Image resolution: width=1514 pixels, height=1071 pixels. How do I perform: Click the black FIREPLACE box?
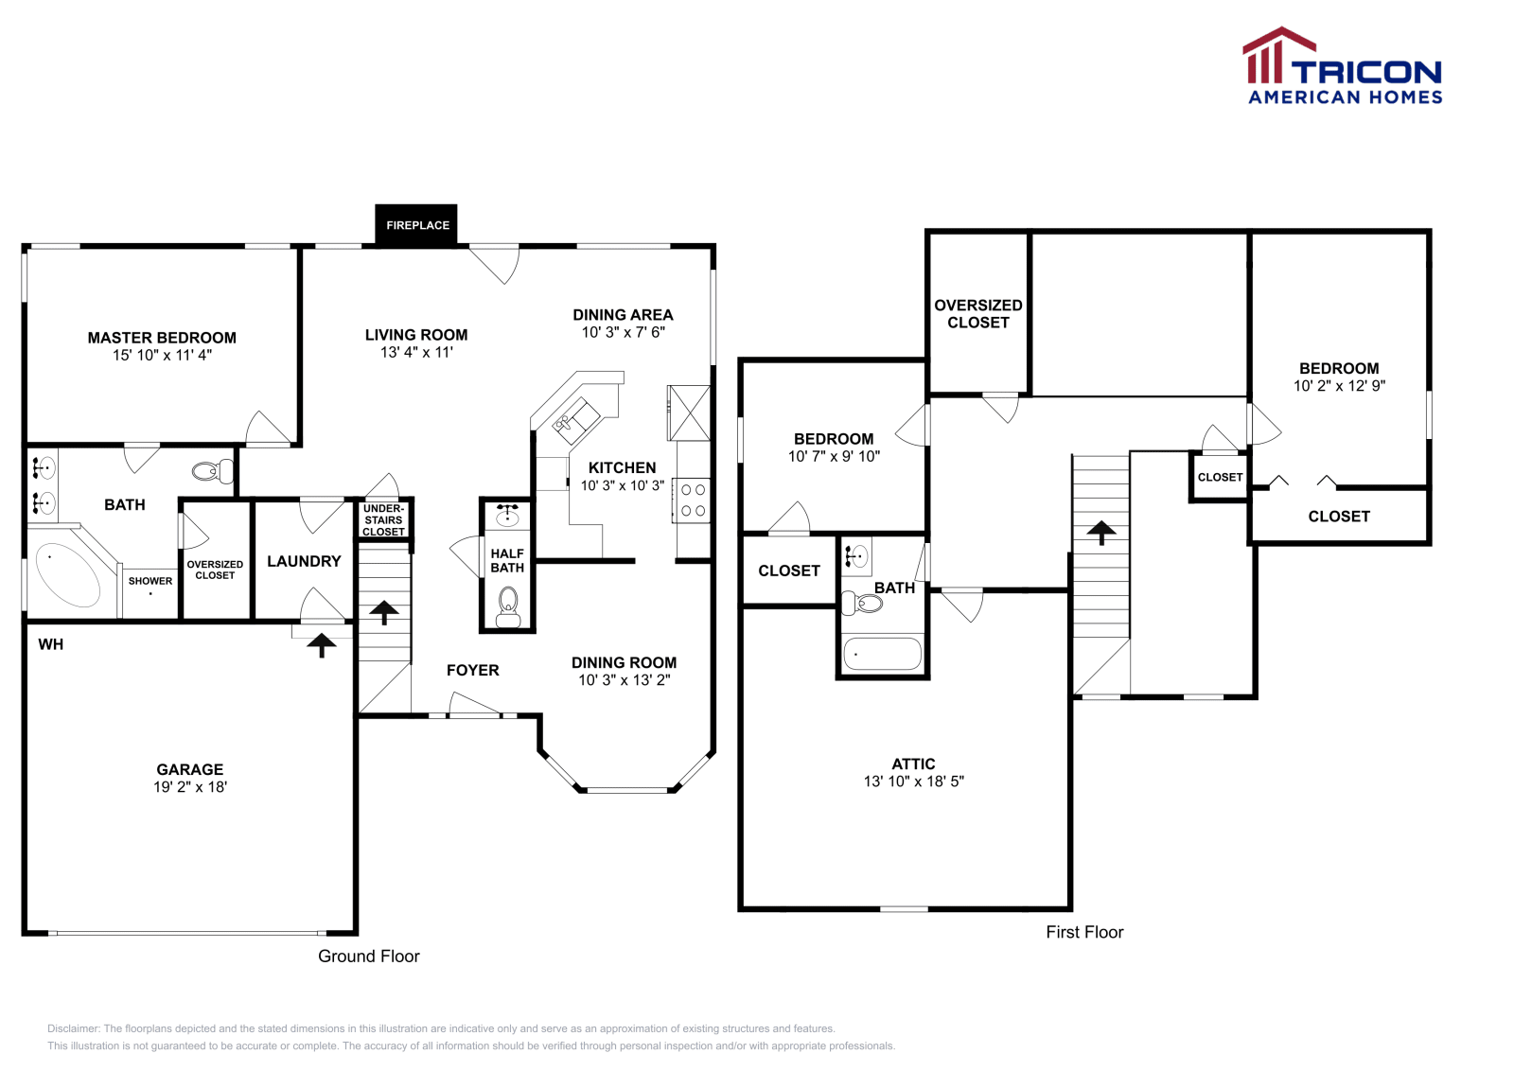[416, 224]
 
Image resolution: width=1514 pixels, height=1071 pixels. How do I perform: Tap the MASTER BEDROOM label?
[162, 338]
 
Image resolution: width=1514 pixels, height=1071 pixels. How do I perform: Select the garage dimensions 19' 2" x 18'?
[190, 786]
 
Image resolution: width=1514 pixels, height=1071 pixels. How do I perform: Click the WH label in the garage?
[51, 644]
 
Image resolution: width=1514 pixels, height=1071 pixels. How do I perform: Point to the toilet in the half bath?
[507, 606]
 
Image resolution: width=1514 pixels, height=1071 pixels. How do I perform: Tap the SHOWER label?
[150, 581]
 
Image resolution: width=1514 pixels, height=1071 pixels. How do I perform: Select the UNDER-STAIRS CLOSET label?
[383, 520]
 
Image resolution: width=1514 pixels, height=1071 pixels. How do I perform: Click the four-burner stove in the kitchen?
[692, 500]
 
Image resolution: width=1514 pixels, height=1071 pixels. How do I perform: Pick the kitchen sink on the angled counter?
[575, 417]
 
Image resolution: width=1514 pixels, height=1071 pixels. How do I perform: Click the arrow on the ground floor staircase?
[384, 612]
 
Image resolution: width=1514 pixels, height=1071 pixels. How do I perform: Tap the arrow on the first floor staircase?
[1101, 533]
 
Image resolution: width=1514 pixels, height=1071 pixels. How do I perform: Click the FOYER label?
[473, 670]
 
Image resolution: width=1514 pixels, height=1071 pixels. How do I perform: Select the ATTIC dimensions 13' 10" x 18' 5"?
[914, 781]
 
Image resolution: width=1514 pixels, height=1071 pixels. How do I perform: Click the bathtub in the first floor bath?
[882, 654]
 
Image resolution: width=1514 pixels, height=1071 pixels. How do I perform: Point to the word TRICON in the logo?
[1366, 73]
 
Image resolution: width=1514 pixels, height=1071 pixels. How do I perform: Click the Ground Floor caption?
[369, 957]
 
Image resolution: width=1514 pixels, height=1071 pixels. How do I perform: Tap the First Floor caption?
[1084, 933]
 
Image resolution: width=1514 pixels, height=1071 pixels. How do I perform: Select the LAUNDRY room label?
[304, 561]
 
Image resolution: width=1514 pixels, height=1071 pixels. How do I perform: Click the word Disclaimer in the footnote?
[73, 1028]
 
